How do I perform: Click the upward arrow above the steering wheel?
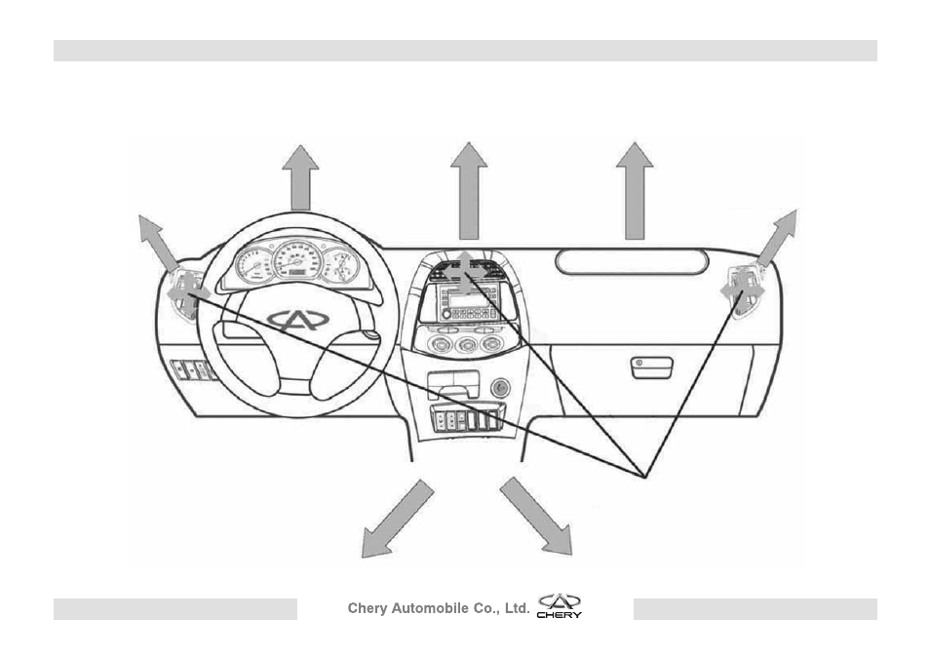(x=300, y=178)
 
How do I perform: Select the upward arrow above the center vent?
(x=469, y=191)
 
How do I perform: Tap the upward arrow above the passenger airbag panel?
(x=635, y=191)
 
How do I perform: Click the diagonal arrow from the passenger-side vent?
(x=777, y=237)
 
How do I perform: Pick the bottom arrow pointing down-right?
(x=536, y=517)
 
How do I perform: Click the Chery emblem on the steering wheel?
(x=297, y=321)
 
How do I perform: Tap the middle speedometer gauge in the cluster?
(x=297, y=260)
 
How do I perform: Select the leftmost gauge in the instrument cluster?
(x=253, y=265)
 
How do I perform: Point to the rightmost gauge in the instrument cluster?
(x=340, y=265)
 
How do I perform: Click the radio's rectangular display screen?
(x=468, y=300)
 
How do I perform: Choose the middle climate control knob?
(x=467, y=345)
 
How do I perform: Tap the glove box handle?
(x=651, y=367)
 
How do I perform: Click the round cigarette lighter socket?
(x=500, y=388)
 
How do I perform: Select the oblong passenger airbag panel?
(x=632, y=262)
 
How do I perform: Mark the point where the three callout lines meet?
(x=644, y=477)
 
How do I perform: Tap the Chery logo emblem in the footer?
(x=560, y=605)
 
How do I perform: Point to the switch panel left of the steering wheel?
(x=193, y=369)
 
